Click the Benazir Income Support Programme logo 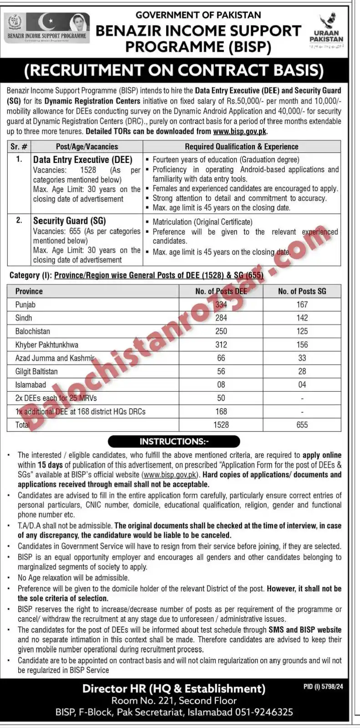[47, 28]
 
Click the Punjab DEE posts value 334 [221, 304]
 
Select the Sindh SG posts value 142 [302, 318]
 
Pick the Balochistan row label [33, 331]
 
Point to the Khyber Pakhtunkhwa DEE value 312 [221, 344]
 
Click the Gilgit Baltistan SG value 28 [302, 371]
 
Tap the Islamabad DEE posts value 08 [221, 384]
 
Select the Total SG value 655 [302, 425]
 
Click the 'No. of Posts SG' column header [302, 291]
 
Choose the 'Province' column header [29, 291]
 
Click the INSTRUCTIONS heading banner [174, 441]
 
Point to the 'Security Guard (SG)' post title [70, 221]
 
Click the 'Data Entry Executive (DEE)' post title [83, 160]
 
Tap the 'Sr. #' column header [19, 147]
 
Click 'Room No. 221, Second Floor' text [174, 701]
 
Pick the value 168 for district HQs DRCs [221, 411]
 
